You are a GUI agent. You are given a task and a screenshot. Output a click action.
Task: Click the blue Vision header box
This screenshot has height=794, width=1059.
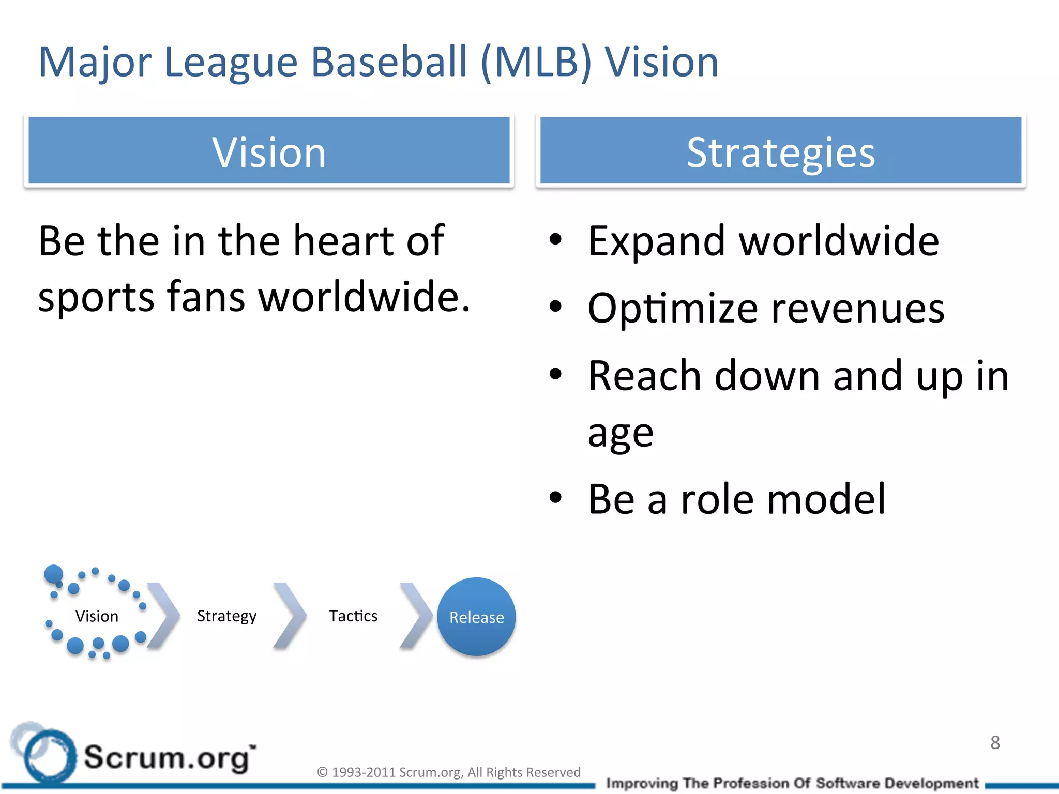tap(269, 151)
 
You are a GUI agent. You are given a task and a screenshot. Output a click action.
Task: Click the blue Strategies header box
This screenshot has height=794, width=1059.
tap(781, 151)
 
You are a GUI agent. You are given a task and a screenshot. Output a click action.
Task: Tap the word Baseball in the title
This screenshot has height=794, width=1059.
tap(389, 62)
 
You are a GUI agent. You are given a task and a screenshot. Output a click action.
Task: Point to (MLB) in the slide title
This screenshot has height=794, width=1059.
tap(536, 62)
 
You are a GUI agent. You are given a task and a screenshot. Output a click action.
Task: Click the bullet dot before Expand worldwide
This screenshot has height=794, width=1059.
tap(555, 239)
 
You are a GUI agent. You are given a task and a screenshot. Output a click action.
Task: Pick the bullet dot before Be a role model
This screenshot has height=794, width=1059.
tap(555, 497)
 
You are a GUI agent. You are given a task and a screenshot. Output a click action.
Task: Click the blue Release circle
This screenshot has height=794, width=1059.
tap(476, 617)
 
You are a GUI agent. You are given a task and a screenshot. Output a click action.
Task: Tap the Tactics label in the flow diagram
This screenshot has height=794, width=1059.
tap(353, 616)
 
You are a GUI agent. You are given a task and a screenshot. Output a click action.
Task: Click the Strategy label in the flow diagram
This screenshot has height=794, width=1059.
tap(226, 616)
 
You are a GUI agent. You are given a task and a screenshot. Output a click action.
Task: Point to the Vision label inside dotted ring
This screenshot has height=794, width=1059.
tap(97, 616)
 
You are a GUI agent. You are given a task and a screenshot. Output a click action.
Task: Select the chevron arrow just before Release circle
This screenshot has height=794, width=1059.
tap(416, 615)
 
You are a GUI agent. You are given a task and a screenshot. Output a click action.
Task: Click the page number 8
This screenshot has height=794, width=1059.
tap(995, 743)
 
